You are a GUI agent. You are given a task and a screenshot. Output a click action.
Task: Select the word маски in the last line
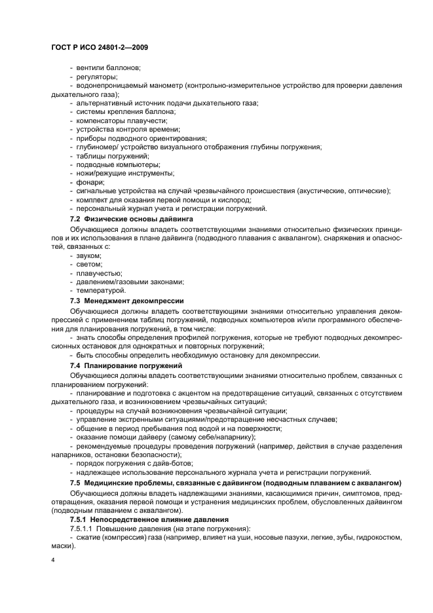coord(63,545)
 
